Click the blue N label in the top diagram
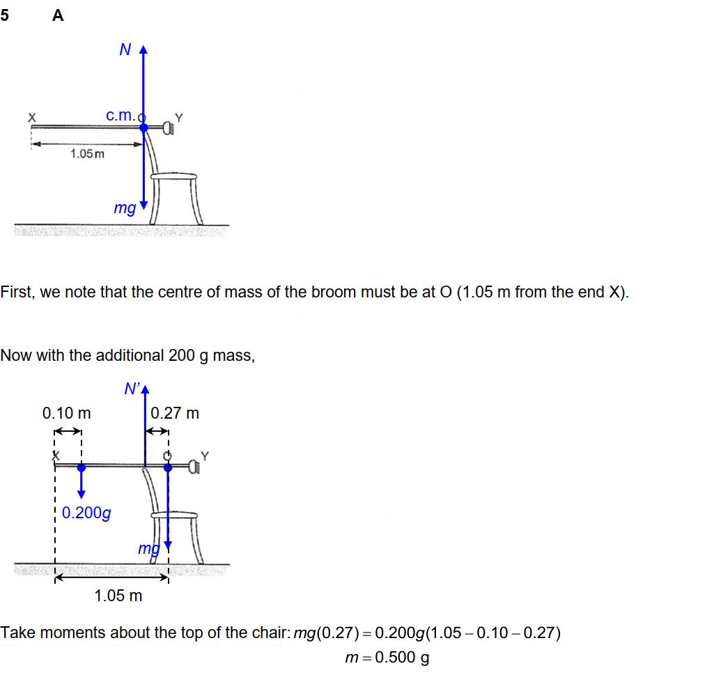125,49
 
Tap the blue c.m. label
121,115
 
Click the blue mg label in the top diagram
125,208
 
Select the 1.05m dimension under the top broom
87,153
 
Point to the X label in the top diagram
31,117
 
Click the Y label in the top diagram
178,117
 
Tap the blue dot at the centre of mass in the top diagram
143,127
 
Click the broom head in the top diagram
168,127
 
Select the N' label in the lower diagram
132,389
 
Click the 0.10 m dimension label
67,413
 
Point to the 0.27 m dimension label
175,413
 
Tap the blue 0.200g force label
86,513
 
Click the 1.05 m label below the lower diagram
118,596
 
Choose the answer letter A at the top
58,16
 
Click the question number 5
5,16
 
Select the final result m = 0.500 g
387,658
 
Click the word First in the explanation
17,292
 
